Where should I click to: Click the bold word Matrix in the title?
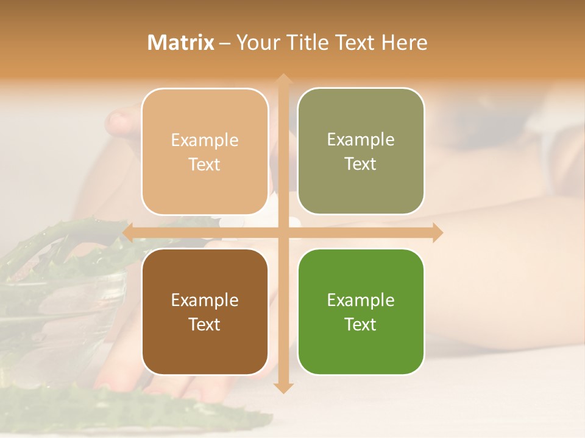181,43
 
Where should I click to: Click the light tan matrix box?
205,151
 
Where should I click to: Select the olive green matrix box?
361,151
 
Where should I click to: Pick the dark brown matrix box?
205,311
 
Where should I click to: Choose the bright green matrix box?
361,311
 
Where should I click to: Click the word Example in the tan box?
205,140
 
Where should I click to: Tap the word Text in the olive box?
361,164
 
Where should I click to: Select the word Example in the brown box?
205,300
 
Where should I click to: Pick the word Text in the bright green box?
361,324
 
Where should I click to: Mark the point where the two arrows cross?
283,232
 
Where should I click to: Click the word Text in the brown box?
205,324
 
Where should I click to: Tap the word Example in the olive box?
361,139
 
